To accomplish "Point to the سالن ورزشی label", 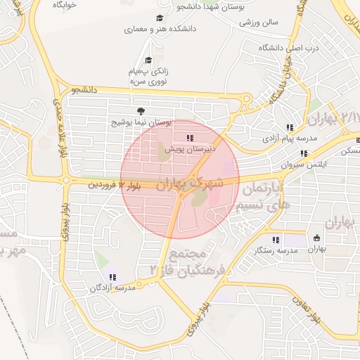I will (258, 22).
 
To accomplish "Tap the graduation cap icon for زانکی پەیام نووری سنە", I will (148, 60).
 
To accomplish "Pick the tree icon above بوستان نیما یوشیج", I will (141, 111).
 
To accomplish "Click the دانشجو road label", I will (83, 90).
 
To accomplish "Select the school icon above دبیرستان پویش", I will (189, 138).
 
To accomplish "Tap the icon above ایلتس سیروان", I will (304, 153).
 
